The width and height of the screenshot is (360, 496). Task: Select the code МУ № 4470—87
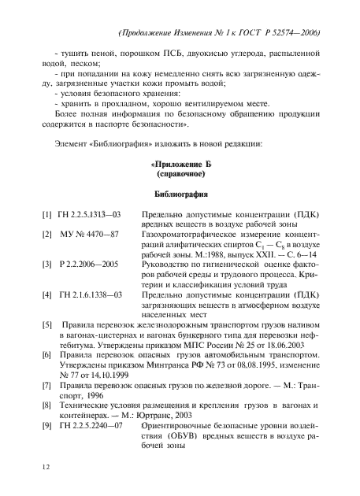click(88, 235)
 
